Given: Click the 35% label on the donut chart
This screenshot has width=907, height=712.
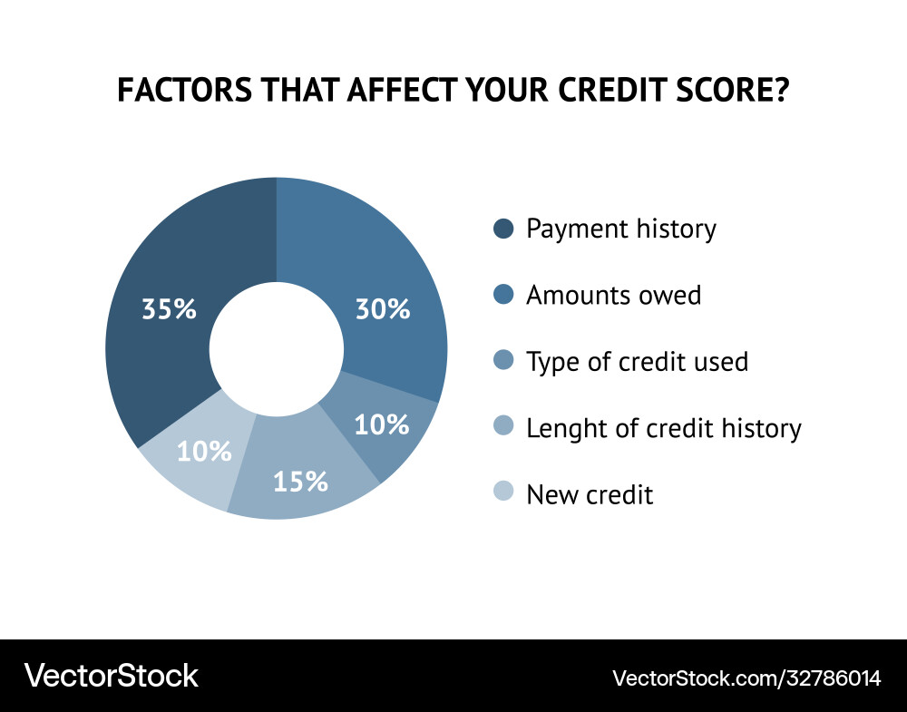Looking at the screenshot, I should (x=169, y=309).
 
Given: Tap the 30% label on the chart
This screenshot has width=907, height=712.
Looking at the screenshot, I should (x=382, y=309).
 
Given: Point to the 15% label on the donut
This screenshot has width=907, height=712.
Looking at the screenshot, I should (x=300, y=481).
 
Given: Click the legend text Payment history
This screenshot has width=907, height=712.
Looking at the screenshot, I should (x=620, y=229).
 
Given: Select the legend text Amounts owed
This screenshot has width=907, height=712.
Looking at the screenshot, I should (x=613, y=295).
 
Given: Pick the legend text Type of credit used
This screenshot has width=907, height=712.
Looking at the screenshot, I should (x=637, y=362).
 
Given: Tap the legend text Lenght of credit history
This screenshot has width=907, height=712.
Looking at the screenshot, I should (x=663, y=428).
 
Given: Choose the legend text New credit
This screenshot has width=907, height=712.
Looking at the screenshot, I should (x=590, y=494).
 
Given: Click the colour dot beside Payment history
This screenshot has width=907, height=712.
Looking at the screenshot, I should (x=503, y=229).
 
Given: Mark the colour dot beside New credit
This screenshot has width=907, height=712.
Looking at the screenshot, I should (x=503, y=493).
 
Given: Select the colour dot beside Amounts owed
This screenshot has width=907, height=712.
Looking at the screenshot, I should (x=503, y=295).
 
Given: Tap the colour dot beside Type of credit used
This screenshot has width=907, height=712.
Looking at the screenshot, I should (x=503, y=361).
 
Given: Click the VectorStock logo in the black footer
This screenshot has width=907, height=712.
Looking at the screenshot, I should (x=111, y=676).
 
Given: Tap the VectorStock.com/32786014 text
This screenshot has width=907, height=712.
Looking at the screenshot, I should (x=746, y=678).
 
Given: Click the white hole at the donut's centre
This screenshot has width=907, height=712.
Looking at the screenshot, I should (x=276, y=348).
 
